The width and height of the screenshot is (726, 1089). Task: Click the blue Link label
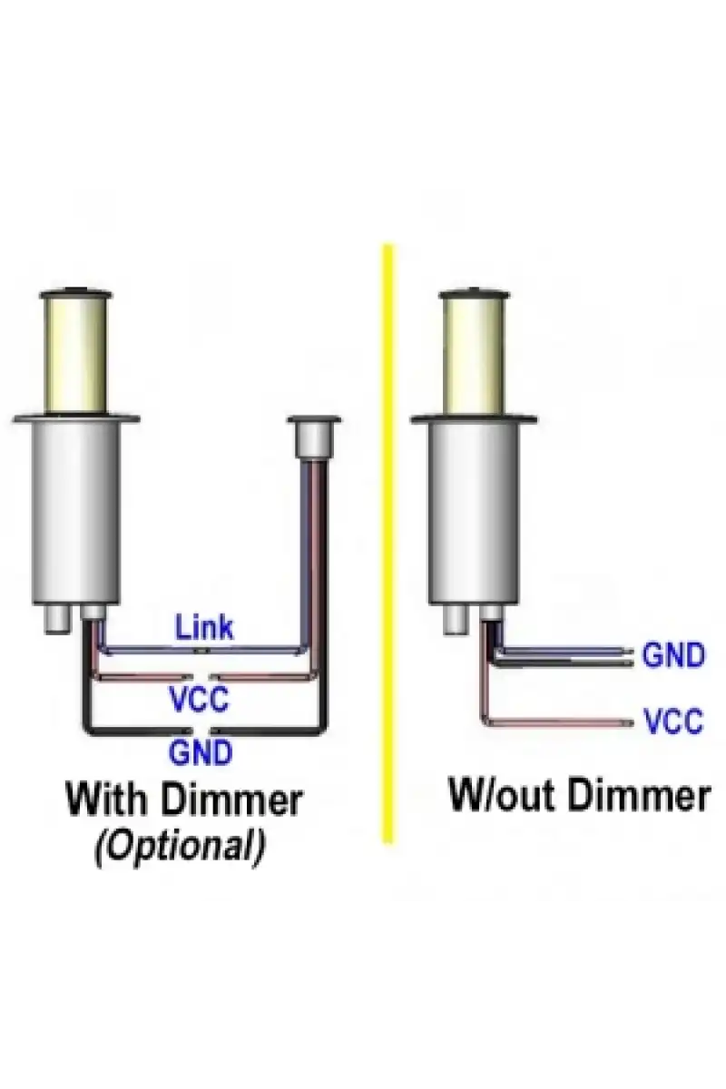(204, 627)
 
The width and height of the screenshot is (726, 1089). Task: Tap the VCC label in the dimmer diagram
(199, 699)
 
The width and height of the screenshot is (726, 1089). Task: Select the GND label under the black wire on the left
(201, 752)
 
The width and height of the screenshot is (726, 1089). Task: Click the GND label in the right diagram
(673, 654)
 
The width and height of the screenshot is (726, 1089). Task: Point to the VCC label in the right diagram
(673, 721)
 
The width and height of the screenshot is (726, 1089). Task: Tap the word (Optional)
(181, 848)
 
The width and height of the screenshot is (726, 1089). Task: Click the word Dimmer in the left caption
(232, 800)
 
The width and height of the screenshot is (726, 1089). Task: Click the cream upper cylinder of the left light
(75, 356)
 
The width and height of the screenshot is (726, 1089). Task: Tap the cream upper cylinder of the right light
(474, 356)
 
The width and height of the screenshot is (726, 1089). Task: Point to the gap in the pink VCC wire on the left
(201, 677)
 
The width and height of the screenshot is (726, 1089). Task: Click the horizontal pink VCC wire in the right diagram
(559, 722)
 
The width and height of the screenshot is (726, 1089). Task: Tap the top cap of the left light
(75, 294)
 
